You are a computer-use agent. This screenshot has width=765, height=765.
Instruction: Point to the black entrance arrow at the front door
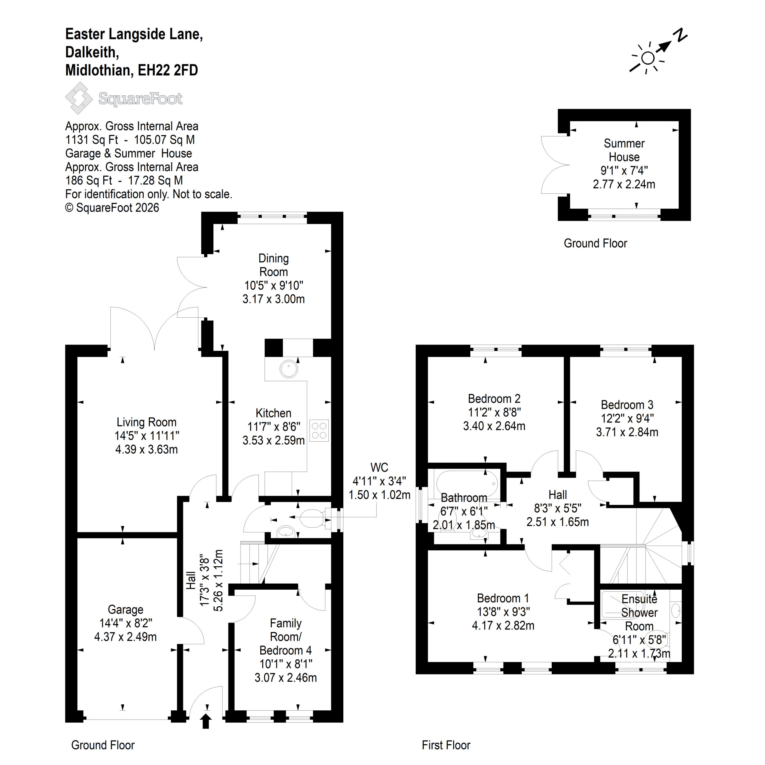[206, 721]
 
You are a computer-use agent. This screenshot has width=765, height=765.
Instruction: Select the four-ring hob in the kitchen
[319, 430]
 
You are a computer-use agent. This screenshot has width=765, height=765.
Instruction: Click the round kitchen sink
[289, 369]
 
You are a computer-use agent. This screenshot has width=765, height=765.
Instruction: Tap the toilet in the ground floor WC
[313, 518]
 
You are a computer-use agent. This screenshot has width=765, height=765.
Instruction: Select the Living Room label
[146, 422]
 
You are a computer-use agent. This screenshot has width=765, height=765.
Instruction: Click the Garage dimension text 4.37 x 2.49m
[126, 637]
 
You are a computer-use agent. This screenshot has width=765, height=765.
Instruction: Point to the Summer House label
[624, 150]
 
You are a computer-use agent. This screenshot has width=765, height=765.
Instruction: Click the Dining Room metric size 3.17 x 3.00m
[274, 299]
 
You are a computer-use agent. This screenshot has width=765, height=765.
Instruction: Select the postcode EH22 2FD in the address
[168, 70]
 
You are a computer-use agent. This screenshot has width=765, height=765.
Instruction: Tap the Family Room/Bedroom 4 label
[285, 637]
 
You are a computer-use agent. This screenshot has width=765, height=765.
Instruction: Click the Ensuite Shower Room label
[639, 613]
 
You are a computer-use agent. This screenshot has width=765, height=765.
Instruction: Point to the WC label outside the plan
[379, 467]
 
